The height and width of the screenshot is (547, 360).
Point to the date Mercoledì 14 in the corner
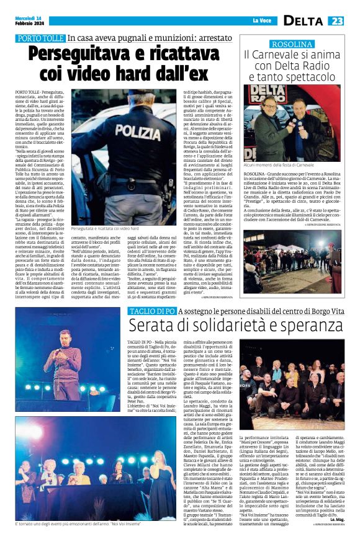(31, 17)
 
